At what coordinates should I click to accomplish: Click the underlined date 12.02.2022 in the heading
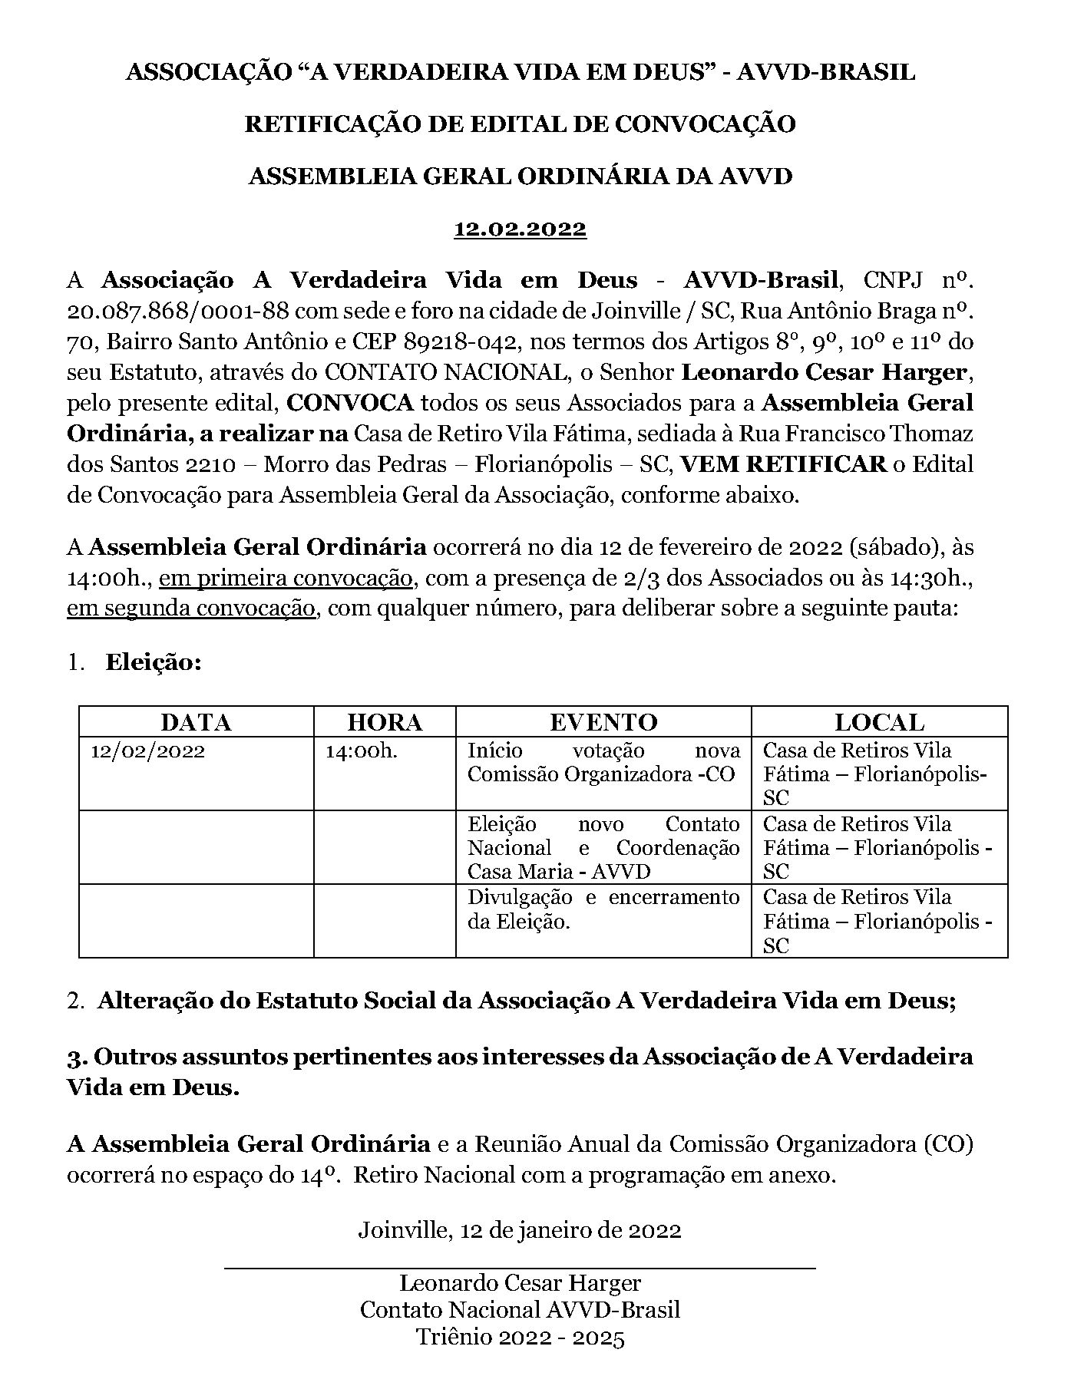tap(520, 229)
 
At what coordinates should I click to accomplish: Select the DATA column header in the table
tap(196, 722)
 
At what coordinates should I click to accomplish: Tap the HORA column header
tap(385, 722)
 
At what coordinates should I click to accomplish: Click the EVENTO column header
tap(603, 722)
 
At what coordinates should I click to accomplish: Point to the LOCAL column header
tap(879, 722)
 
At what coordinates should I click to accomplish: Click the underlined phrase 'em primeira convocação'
tap(286, 579)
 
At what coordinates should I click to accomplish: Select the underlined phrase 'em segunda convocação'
tap(191, 609)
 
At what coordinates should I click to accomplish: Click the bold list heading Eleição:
tap(154, 662)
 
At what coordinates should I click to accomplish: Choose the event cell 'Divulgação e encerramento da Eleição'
tap(603, 909)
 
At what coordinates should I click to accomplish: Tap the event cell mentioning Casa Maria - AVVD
tap(603, 848)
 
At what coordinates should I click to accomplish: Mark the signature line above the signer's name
tap(520, 1269)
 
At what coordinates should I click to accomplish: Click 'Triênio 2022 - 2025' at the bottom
tap(520, 1338)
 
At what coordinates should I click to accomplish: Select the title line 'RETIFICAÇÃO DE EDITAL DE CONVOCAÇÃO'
tap(520, 124)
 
